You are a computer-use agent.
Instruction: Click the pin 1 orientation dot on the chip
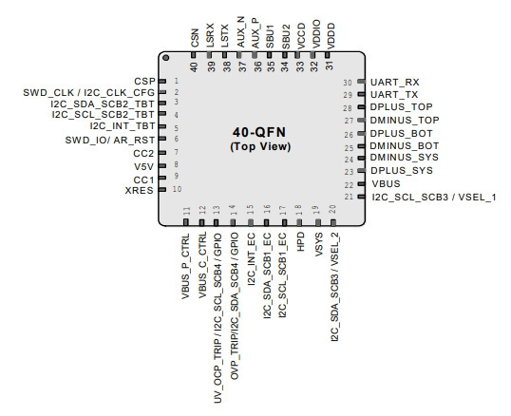pos(166,58)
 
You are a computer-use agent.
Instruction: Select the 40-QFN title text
pos(259,132)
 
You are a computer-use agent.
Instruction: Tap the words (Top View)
pos(260,146)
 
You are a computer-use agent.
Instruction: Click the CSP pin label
pos(144,81)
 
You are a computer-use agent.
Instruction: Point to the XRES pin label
pos(140,190)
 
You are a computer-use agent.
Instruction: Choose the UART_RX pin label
pos(395,83)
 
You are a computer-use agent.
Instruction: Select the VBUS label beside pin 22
pos(386,183)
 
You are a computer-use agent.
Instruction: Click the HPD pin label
pos(300,241)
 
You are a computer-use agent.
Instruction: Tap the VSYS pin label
pos(319,244)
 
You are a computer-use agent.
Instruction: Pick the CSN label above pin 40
pos(195,38)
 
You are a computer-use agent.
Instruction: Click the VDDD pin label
pos(331,36)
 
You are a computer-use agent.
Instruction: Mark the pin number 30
pos(348,83)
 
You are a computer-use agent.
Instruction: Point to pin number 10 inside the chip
pos(177,189)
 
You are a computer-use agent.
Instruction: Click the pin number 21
pos(349,197)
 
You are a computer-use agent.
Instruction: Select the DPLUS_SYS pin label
pos(402,170)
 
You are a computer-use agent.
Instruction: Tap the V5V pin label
pos(143,167)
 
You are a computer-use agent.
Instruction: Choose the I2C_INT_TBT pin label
pos(123,125)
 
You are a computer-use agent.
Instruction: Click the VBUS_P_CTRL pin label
pos(185,266)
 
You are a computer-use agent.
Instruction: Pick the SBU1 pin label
pos(270,36)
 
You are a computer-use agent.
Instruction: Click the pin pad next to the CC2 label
pos(162,153)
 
